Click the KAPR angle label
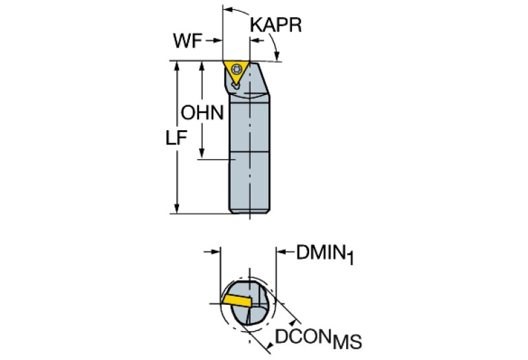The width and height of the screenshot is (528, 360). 276,25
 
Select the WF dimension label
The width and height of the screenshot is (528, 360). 187,41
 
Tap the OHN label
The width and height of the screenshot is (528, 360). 202,112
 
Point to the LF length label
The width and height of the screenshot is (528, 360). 176,138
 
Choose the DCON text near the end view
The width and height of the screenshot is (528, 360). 304,337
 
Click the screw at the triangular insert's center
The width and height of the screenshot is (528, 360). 237,69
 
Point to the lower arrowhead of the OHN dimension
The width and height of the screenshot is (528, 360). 203,156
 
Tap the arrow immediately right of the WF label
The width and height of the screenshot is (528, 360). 214,41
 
